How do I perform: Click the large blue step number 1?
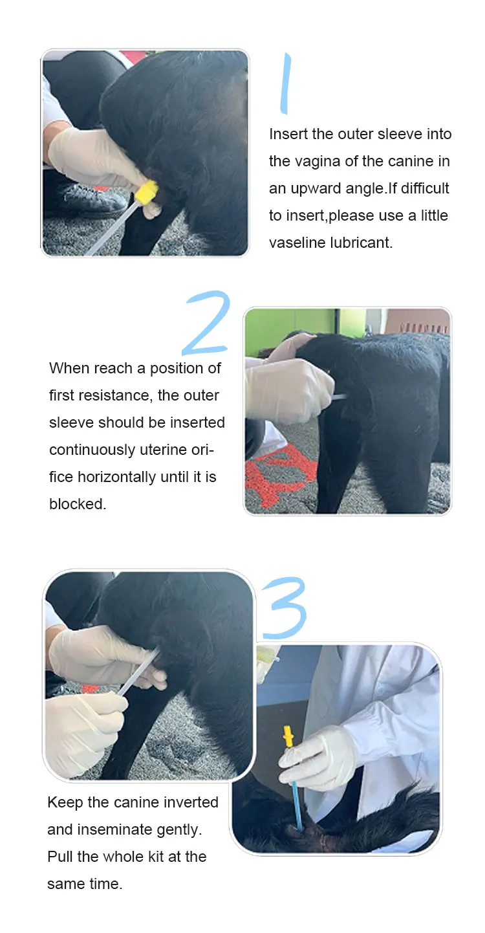tap(286, 83)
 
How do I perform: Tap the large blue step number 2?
tap(207, 323)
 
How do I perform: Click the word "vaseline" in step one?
tap(297, 243)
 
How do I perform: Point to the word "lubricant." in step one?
tap(361, 243)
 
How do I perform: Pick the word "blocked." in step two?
tap(78, 504)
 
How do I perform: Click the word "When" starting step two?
tap(66, 368)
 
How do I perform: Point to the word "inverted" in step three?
tap(191, 802)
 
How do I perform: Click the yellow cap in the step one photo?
tap(146, 192)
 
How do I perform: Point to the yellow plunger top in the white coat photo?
tap(288, 736)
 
